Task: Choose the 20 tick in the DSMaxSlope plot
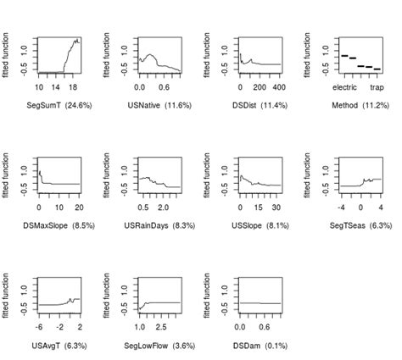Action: click(x=78, y=207)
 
